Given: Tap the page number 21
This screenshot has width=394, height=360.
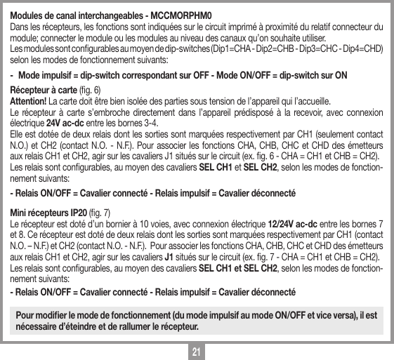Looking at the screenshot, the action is [x=197, y=349].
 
